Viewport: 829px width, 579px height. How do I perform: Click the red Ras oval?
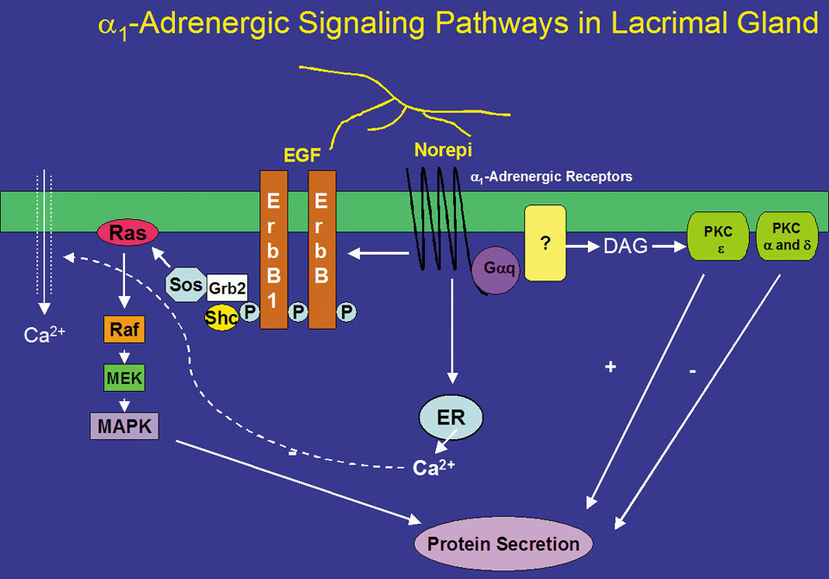coord(128,232)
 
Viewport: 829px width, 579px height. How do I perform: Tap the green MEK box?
coord(125,377)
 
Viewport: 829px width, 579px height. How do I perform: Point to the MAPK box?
coord(124,425)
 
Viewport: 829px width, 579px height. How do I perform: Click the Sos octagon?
coord(184,284)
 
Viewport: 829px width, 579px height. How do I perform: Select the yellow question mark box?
coord(545,242)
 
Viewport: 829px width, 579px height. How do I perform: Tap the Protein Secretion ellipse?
coord(504,544)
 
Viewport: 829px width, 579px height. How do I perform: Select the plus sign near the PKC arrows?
coord(611,367)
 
